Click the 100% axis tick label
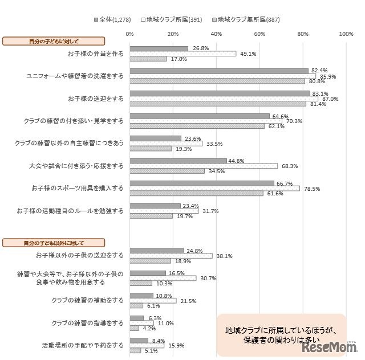click(346, 34)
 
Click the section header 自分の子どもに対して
click(54, 41)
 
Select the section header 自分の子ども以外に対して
click(54, 243)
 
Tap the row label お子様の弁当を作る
click(95, 54)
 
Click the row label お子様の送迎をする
click(95, 99)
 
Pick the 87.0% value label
click(330, 99)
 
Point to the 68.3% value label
click(289, 166)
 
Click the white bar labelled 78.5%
click(214, 188)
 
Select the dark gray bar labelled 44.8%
click(178, 161)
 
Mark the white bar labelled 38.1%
click(171, 255)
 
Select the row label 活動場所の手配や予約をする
click(83, 345)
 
